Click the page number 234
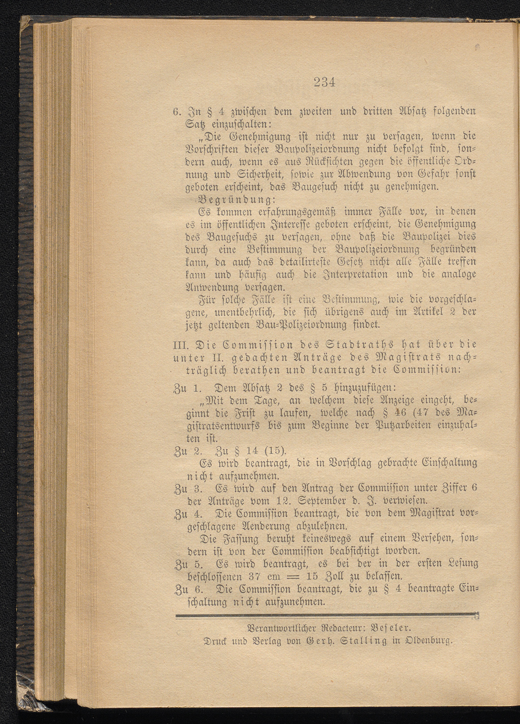[x=324, y=83]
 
